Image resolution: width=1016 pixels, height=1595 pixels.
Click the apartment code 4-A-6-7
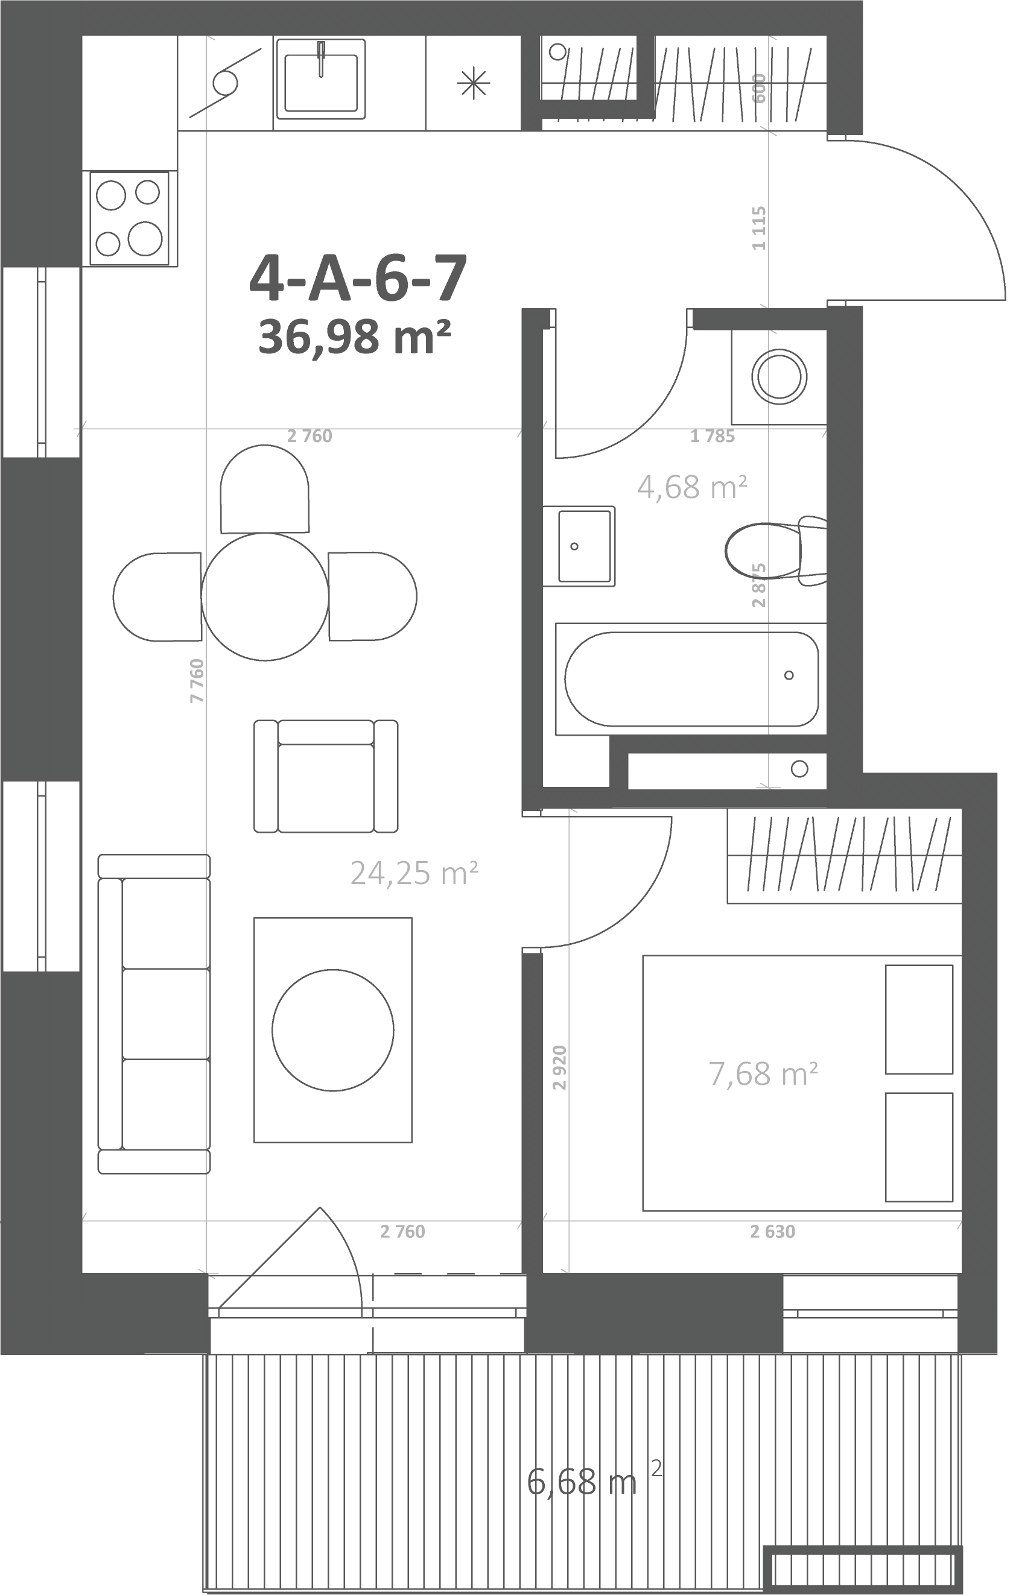(x=358, y=277)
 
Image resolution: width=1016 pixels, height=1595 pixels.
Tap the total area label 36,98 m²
(x=355, y=336)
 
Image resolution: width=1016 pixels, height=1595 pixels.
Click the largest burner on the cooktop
(x=145, y=238)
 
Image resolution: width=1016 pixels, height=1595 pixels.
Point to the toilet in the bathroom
(x=775, y=551)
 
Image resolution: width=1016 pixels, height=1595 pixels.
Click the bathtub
(x=691, y=679)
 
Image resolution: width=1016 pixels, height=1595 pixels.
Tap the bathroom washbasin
(x=579, y=546)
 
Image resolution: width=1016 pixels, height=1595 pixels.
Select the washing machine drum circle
(x=779, y=377)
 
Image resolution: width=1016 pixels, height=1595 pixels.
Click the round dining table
(x=265, y=597)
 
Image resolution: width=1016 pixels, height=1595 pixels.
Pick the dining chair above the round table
(x=264, y=489)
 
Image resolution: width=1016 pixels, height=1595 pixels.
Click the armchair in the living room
(x=326, y=775)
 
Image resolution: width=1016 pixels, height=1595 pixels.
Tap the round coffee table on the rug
(x=332, y=1030)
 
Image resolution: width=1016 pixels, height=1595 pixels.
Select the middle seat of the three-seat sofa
(x=166, y=1014)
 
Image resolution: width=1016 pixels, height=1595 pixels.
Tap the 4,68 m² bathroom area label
(x=692, y=487)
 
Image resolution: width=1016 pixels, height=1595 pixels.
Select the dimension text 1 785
(x=713, y=436)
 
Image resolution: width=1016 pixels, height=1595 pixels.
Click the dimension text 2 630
(x=773, y=1231)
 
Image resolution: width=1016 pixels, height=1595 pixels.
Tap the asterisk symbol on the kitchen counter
(x=474, y=84)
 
